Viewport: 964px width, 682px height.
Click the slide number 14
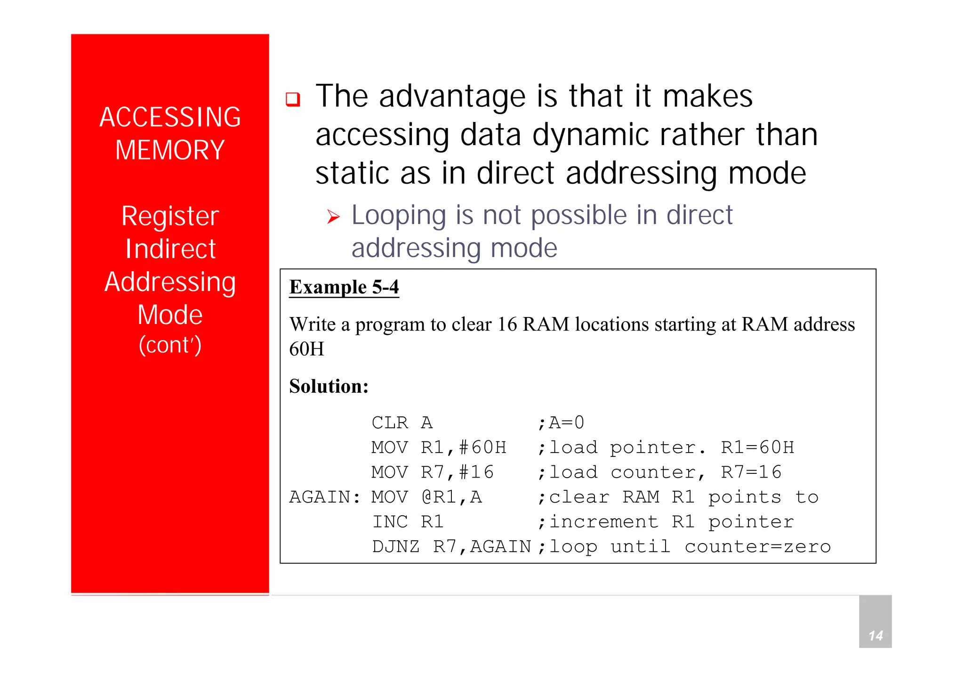tap(876, 636)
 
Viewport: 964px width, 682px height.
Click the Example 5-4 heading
tap(344, 287)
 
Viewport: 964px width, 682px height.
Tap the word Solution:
tap(329, 386)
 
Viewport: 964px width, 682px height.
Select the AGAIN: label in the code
tap(325, 497)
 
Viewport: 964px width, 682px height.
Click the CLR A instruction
tap(402, 423)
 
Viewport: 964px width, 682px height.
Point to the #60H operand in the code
tap(483, 447)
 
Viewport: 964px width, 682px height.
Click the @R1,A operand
tap(452, 497)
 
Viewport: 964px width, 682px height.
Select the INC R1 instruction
tap(408, 522)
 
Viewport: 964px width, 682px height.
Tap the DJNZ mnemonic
tap(396, 547)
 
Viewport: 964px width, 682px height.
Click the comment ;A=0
tap(561, 423)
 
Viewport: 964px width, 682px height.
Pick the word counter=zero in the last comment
tap(758, 547)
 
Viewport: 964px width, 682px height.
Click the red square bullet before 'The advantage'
tap(293, 99)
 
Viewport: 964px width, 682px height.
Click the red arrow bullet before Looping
tap(333, 217)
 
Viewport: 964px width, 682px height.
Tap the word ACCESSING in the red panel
tap(170, 117)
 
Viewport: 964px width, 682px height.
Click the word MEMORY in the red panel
tap(170, 150)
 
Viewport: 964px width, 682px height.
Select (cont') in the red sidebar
tap(170, 345)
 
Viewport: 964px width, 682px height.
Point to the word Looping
tap(399, 216)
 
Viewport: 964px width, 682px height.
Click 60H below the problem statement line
tap(307, 349)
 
